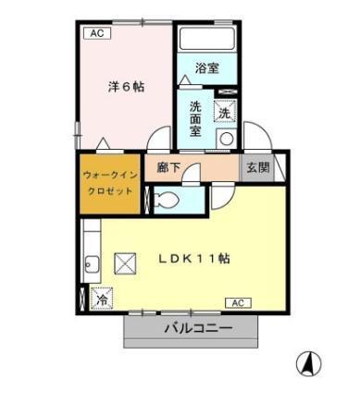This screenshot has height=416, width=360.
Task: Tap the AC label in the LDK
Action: pyautogui.click(x=237, y=302)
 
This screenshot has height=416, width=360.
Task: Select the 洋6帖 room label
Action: pyautogui.click(x=124, y=87)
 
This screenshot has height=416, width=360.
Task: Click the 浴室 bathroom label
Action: pyautogui.click(x=207, y=68)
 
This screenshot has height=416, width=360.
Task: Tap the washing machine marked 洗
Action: pyautogui.click(x=225, y=112)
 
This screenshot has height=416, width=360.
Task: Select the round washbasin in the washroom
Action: pyautogui.click(x=225, y=139)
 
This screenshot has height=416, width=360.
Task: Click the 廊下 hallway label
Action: pyautogui.click(x=168, y=167)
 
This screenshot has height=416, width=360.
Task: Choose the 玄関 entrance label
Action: pyautogui.click(x=256, y=167)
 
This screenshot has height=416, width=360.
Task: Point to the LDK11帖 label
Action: pyautogui.click(x=195, y=258)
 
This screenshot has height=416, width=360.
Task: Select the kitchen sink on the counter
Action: pyautogui.click(x=91, y=263)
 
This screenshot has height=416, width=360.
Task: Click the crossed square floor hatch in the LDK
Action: pyautogui.click(x=125, y=264)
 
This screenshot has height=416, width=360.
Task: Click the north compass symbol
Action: pyautogui.click(x=309, y=363)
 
